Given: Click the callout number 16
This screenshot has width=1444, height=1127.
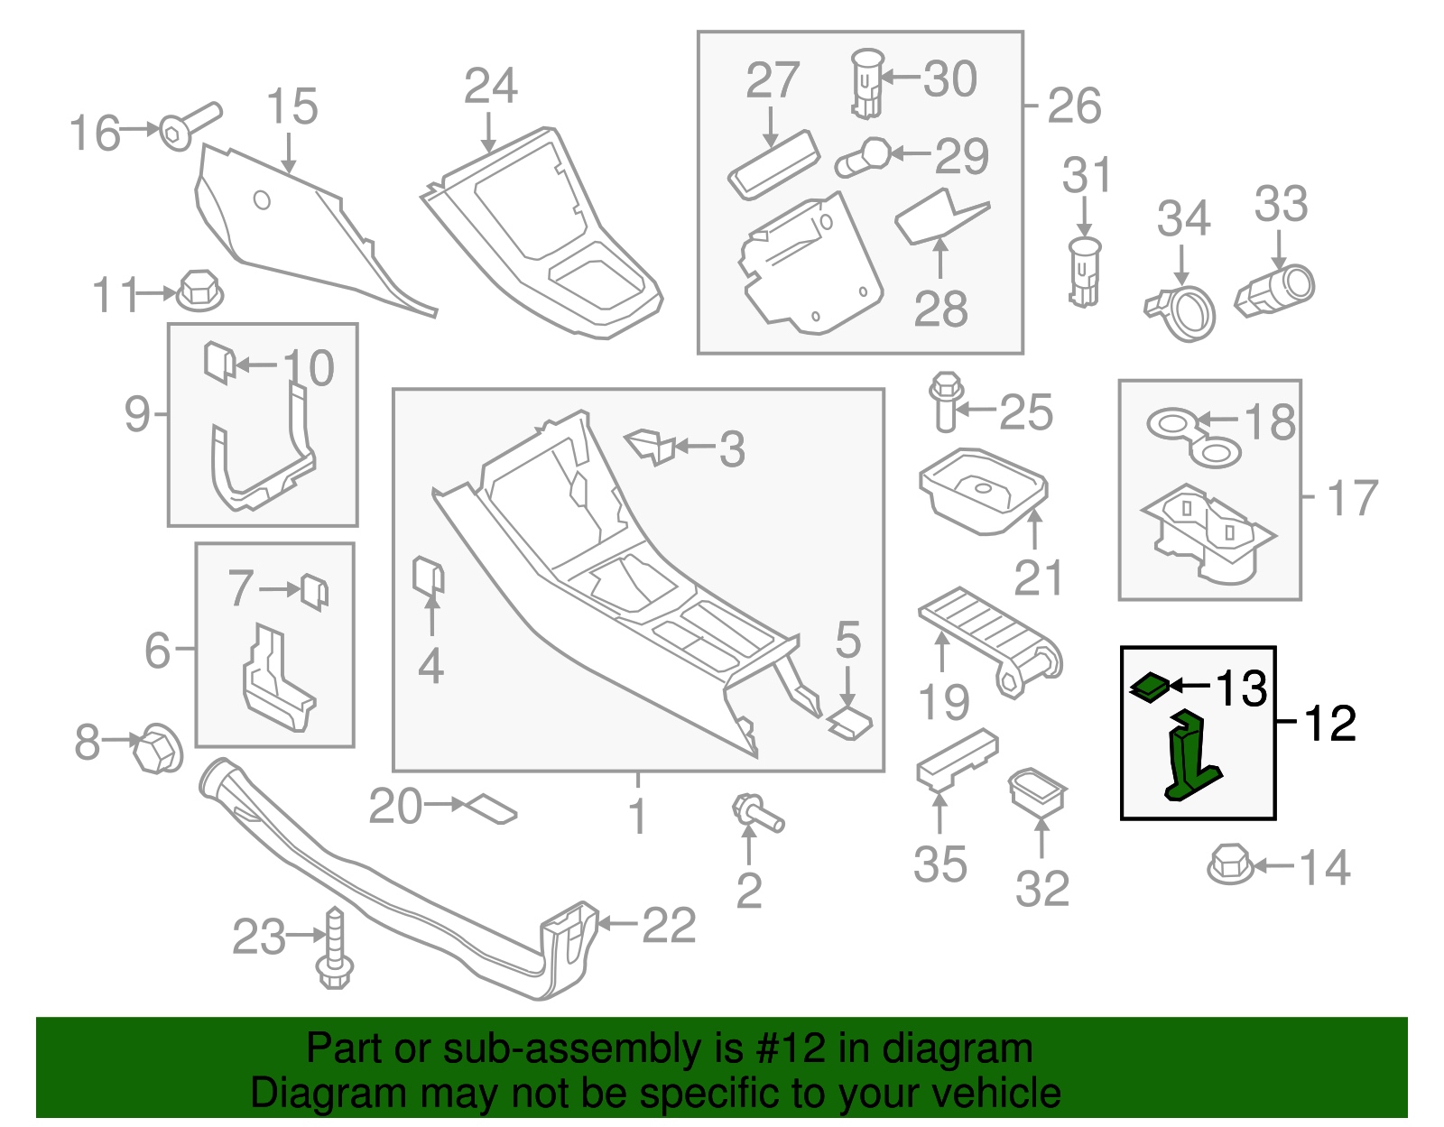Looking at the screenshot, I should click(95, 134).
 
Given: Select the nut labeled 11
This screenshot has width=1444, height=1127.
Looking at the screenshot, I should click(199, 291).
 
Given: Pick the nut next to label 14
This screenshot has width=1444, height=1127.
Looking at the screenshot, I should click(1228, 864).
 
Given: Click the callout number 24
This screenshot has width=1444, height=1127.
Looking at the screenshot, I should click(490, 87).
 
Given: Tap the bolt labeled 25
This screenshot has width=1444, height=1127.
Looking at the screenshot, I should click(946, 402).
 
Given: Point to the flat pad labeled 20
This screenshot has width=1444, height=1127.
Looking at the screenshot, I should click(487, 808).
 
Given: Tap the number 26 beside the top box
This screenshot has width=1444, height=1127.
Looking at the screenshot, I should click(1074, 106).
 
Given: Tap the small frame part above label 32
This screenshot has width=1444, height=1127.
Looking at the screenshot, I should click(1038, 791).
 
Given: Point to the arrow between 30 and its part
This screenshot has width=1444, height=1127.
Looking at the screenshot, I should click(900, 78).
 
